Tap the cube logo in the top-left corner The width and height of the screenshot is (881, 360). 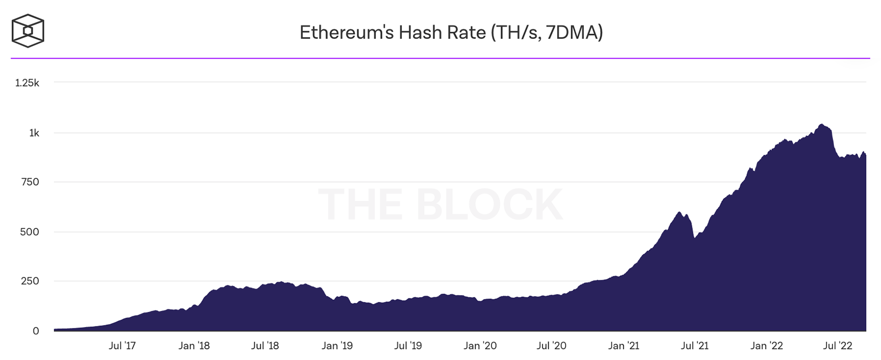[x=28, y=31]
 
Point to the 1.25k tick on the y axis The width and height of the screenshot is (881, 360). [x=27, y=83]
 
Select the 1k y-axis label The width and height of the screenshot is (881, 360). [x=34, y=133]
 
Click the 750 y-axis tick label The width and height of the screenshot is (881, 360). [x=30, y=182]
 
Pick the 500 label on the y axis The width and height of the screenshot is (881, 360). [x=30, y=232]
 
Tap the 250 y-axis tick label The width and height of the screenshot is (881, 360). [x=30, y=281]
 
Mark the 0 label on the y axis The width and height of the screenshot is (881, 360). [x=36, y=331]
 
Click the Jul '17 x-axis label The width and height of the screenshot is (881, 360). [x=122, y=346]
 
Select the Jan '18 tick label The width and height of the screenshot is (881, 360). [x=194, y=346]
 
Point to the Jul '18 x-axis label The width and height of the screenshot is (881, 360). [x=265, y=346]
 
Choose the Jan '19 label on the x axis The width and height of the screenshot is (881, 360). [x=337, y=346]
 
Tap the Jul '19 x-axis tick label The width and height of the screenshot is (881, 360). [x=408, y=346]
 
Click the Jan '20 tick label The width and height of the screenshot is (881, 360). [x=480, y=346]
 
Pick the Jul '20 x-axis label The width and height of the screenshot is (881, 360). [x=552, y=346]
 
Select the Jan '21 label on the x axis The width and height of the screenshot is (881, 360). [x=624, y=346]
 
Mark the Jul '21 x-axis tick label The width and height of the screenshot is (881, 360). [x=695, y=346]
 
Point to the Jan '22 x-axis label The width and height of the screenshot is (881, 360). [x=767, y=346]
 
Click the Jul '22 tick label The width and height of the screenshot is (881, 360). [x=838, y=346]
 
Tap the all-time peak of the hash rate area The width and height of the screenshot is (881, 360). [x=821, y=124]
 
